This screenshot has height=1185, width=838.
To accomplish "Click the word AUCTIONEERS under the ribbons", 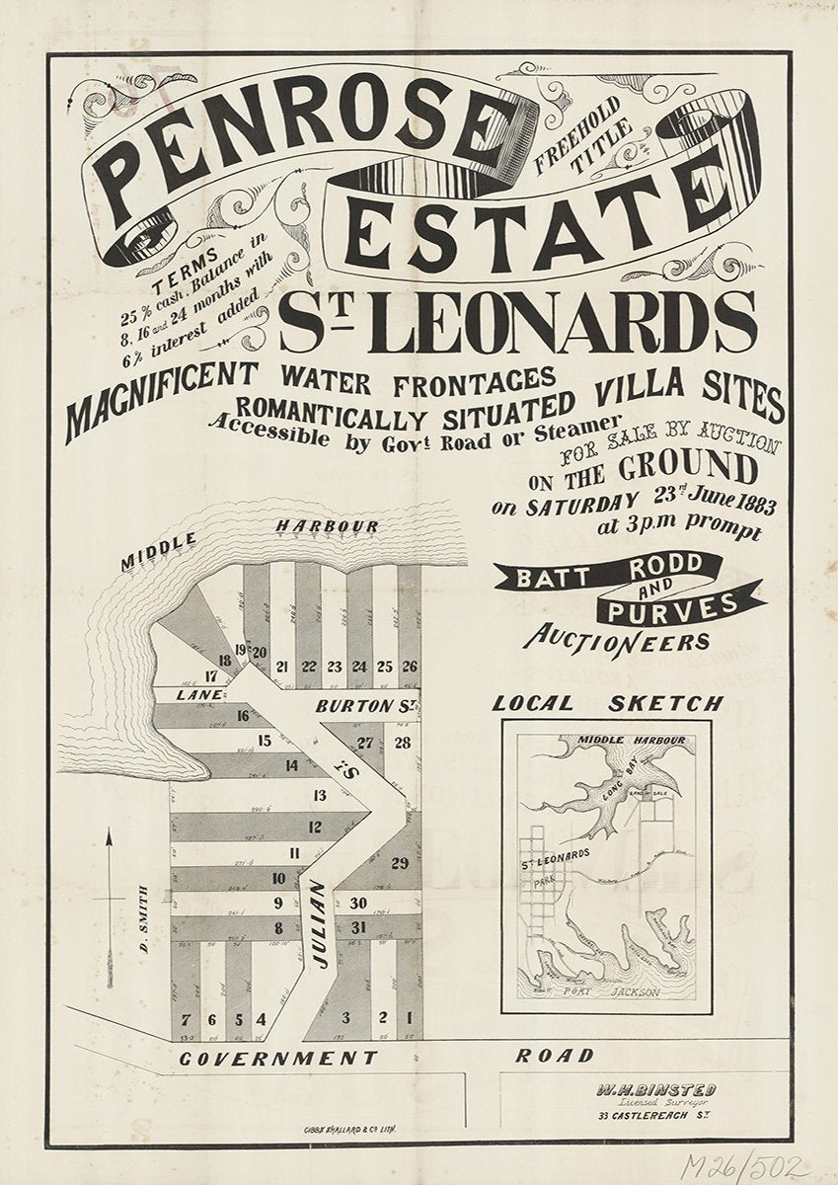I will point(617,639).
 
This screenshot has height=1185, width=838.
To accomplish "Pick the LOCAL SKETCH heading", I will point(607,703).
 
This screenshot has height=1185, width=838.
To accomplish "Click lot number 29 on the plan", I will point(399,863).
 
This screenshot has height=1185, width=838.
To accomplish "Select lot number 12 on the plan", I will point(315,828).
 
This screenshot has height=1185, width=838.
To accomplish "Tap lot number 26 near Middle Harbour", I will point(410,668).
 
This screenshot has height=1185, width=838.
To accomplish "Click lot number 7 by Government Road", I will point(185,1018).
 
